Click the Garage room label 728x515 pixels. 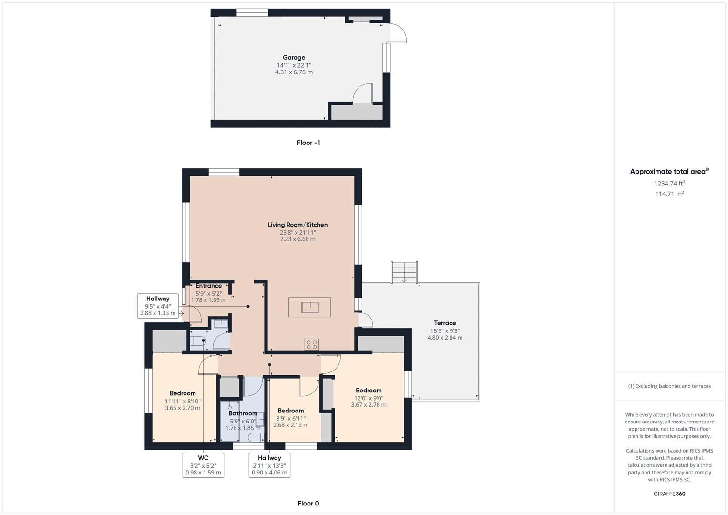294,58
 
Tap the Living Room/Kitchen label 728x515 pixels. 297,225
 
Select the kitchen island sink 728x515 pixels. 309,308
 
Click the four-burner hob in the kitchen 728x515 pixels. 312,344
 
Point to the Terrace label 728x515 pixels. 445,323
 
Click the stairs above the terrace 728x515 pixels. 404,272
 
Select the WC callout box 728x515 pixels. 203,465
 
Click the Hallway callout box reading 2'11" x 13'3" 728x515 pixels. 269,465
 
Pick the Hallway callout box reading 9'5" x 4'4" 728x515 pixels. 158,306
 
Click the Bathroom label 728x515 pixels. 243,413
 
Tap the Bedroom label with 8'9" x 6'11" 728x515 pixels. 291,411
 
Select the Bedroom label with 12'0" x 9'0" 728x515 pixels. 369,391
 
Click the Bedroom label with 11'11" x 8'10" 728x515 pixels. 183,393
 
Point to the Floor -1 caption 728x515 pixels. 308,143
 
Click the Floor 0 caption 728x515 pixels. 308,503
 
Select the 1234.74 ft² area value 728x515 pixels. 669,183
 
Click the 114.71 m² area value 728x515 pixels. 669,194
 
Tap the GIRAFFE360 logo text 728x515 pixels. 669,494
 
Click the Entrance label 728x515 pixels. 208,286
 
